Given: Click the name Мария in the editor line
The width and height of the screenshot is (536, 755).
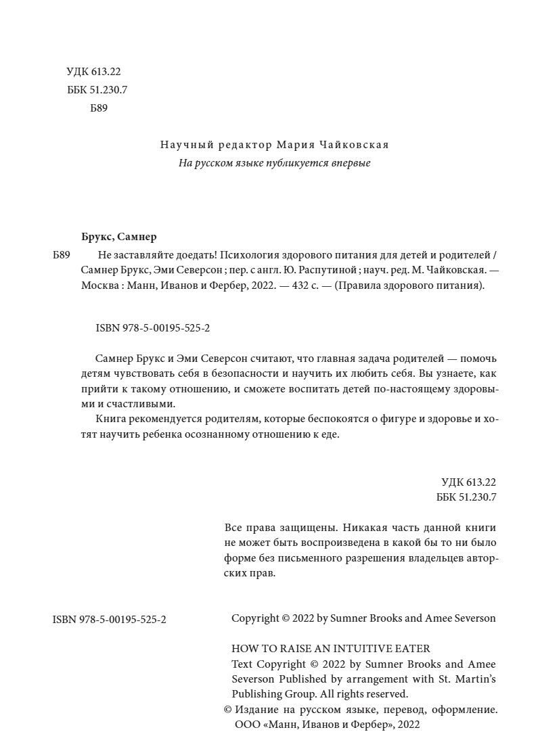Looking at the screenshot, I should tap(293, 145).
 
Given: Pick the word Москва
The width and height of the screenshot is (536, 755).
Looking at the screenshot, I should tap(99, 285).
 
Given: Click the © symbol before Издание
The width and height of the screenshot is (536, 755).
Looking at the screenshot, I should tap(227, 710).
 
